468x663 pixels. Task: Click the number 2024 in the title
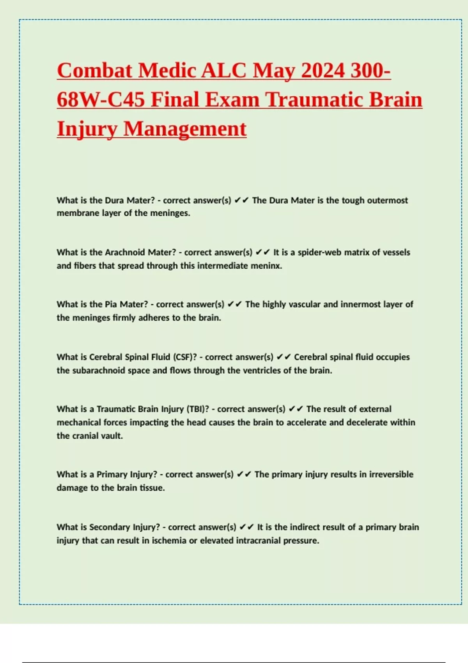coord(323,71)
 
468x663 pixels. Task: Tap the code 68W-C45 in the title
coord(101,99)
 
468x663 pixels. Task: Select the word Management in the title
coord(185,129)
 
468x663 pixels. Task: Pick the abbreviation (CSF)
coord(185,357)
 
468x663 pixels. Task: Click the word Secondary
coord(110,527)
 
